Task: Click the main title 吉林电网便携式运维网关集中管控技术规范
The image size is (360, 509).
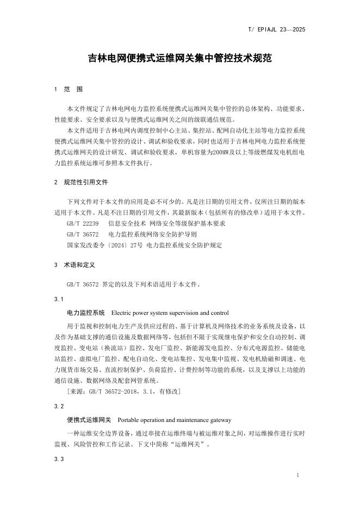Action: click(x=180, y=58)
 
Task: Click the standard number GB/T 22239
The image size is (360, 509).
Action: click(x=83, y=224)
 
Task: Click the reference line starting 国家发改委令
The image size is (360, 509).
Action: click(x=144, y=245)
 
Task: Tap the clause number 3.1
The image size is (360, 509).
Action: click(x=59, y=300)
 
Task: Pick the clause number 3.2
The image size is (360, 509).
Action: click(x=59, y=407)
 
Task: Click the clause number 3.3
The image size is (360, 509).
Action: click(x=59, y=460)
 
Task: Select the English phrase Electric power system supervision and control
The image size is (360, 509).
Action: click(x=170, y=313)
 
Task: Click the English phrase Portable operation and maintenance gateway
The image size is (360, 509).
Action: click(x=174, y=420)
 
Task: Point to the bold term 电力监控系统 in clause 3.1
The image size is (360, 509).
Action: click(x=85, y=313)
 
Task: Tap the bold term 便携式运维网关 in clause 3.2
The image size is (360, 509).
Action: click(x=89, y=420)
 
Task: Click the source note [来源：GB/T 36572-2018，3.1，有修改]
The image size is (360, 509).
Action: click(x=123, y=392)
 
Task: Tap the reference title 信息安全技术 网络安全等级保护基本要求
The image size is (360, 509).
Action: click(x=167, y=224)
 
